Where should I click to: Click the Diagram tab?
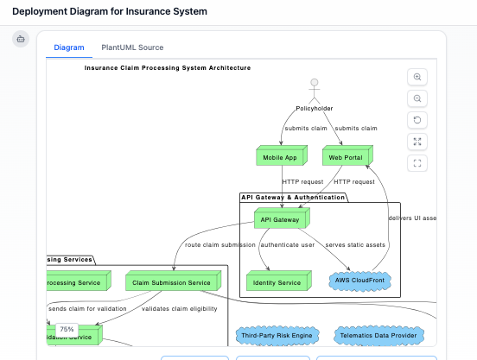pyautogui.click(x=69, y=47)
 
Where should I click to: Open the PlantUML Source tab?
pyautogui.click(x=132, y=47)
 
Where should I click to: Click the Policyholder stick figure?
pyautogui.click(x=315, y=92)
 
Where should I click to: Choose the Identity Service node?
pyautogui.click(x=276, y=281)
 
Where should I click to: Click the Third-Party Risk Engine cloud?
pyautogui.click(x=276, y=335)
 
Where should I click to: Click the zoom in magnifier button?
pyautogui.click(x=418, y=77)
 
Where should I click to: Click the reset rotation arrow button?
pyautogui.click(x=418, y=120)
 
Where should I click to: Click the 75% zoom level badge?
pyautogui.click(x=67, y=329)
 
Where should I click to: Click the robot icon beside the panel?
pyautogui.click(x=21, y=39)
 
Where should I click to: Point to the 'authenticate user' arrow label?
pyautogui.click(x=289, y=244)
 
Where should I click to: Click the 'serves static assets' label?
pyautogui.click(x=356, y=244)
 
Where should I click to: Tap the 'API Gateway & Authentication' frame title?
pyautogui.click(x=293, y=197)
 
